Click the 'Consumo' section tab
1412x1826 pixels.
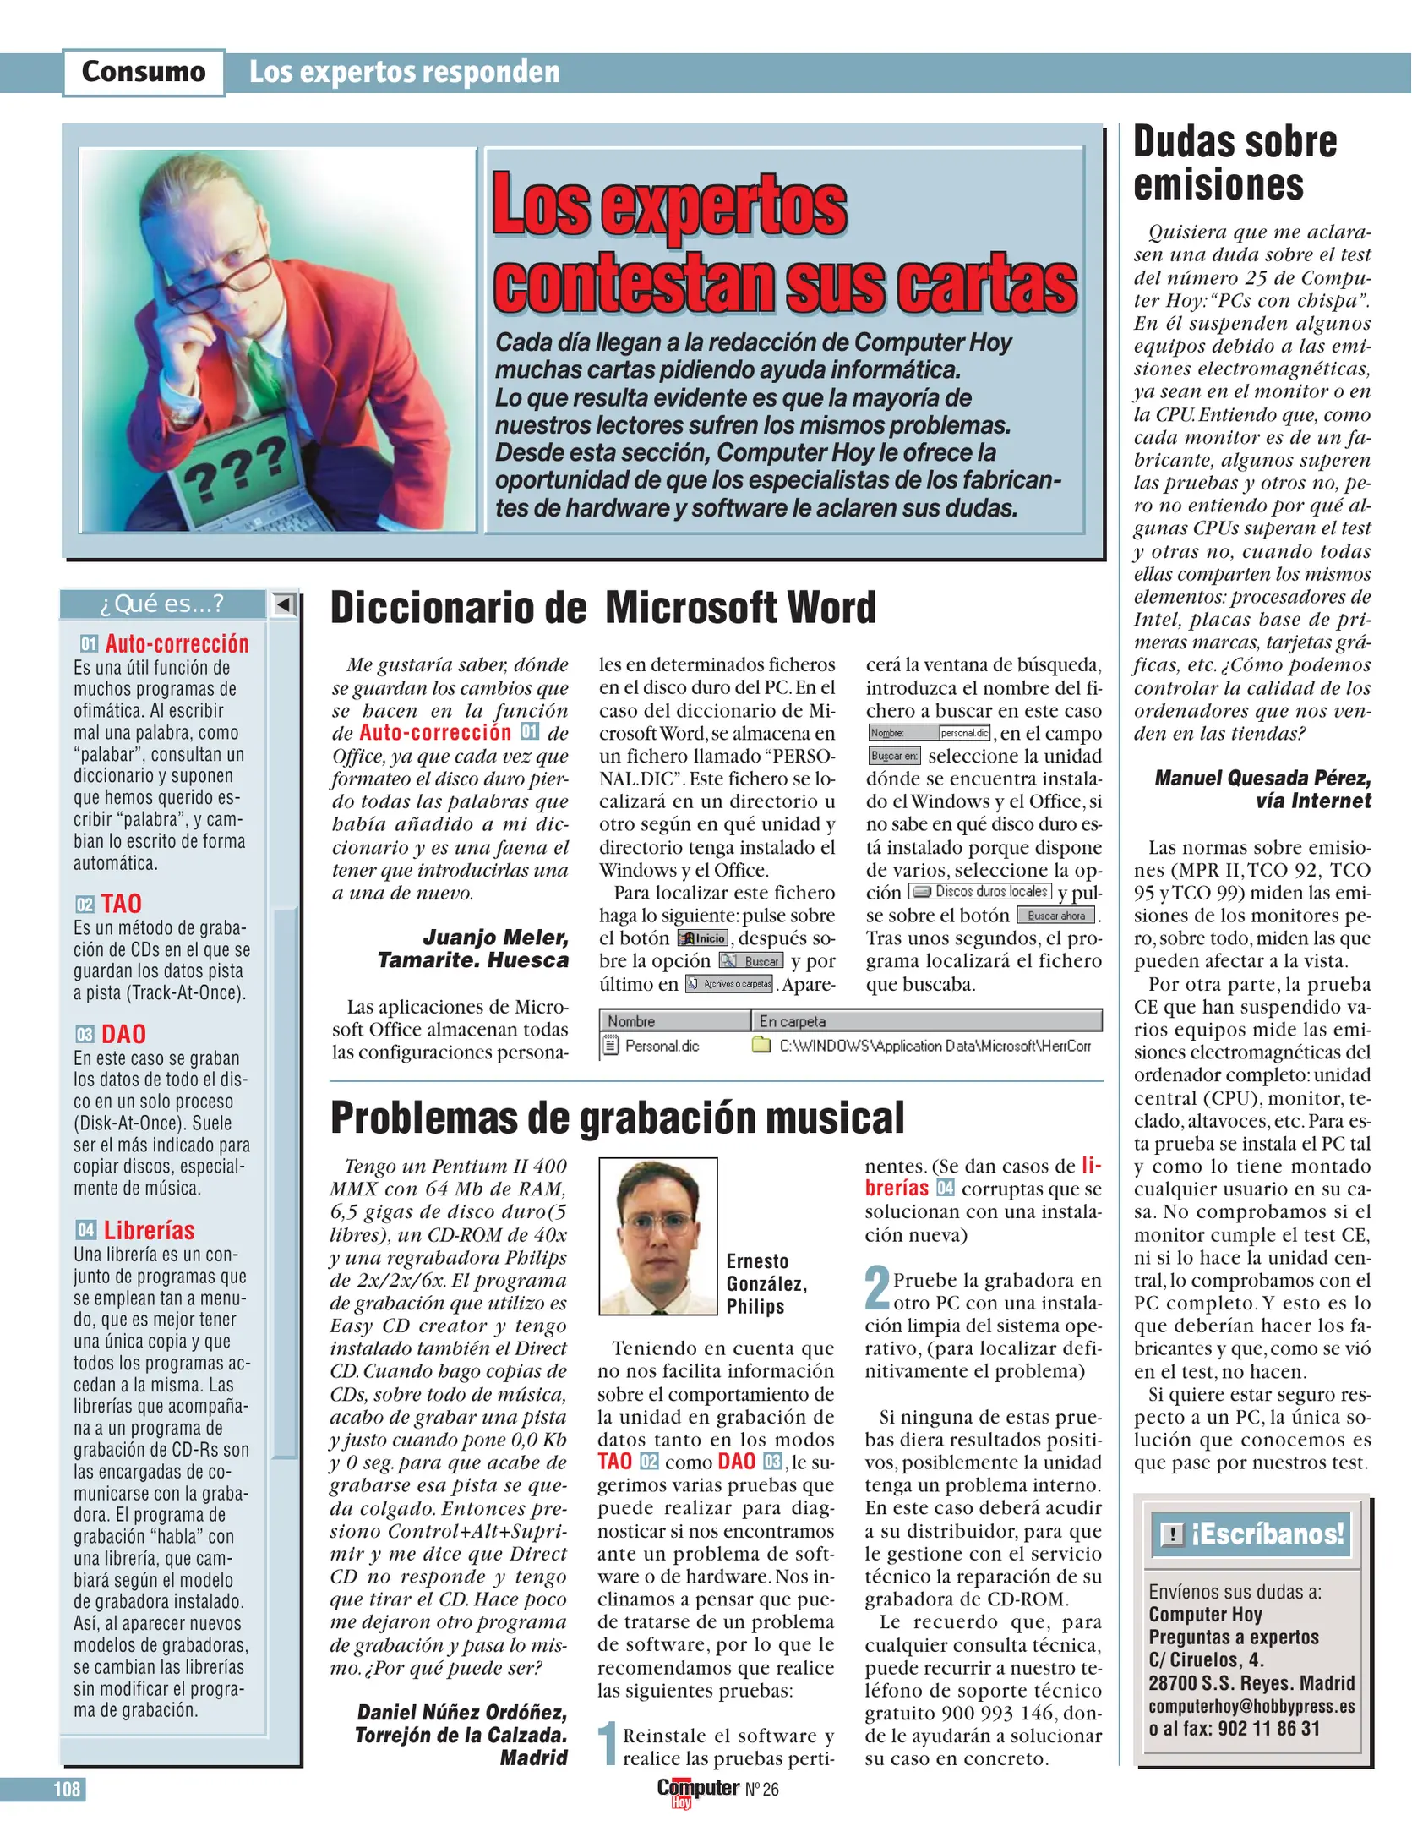coord(144,72)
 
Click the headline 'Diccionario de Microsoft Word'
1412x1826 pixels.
coord(602,608)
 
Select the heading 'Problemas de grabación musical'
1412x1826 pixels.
coord(617,1118)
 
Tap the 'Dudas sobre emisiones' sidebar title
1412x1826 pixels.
coord(1235,163)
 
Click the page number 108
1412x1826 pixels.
coord(67,1789)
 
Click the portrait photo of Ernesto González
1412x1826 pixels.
coord(658,1235)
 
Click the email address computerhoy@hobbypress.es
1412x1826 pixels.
coord(1251,1706)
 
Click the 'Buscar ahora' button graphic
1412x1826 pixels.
coord(1055,916)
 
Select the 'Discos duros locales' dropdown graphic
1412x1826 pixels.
coord(980,892)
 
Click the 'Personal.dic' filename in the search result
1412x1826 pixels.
coord(662,1046)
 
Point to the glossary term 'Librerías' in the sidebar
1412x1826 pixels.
coord(149,1230)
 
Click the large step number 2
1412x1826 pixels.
coord(877,1288)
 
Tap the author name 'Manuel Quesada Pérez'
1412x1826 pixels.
coord(1262,778)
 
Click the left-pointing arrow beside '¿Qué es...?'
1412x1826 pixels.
coord(284,604)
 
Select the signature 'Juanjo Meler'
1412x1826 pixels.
coord(495,937)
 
